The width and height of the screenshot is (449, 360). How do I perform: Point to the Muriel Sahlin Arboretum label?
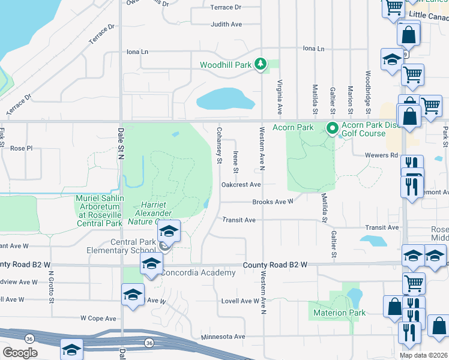tap(100, 211)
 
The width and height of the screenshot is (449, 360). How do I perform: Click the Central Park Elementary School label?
tap(121, 246)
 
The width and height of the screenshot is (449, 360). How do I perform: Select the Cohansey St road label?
tap(219, 145)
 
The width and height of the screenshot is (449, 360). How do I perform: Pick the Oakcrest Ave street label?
tap(241, 185)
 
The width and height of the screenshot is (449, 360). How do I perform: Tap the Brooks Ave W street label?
tap(273, 202)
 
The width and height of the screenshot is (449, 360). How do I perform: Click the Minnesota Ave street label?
tap(223, 337)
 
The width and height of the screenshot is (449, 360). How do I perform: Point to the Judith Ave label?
tap(226, 25)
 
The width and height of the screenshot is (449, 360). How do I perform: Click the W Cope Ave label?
tap(98, 318)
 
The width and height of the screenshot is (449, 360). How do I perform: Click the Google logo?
tap(20, 353)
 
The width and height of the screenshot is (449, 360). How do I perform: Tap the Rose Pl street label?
tap(21, 148)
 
